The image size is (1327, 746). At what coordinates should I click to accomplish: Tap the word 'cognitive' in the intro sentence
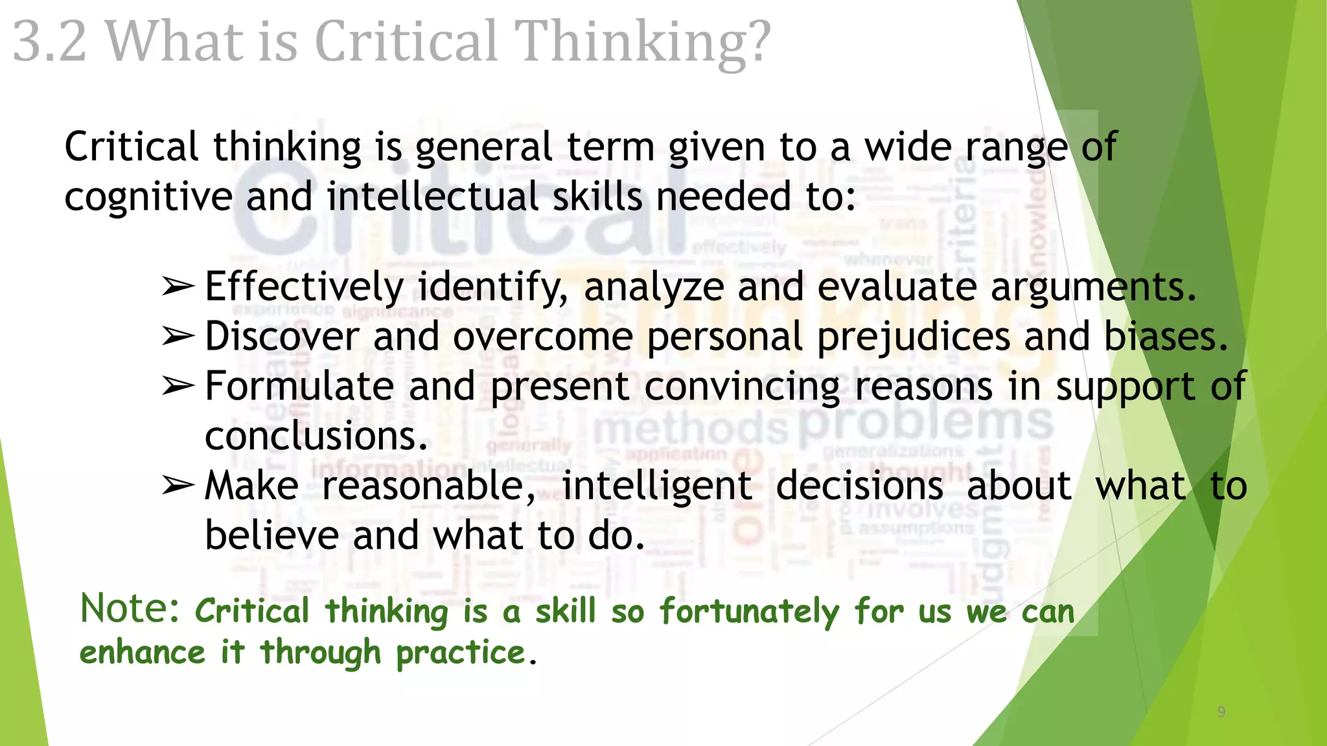pyautogui.click(x=148, y=197)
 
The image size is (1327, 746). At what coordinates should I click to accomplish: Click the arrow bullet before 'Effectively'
pyautogui.click(x=178, y=286)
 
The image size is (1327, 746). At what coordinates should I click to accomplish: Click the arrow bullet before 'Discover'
pyautogui.click(x=178, y=336)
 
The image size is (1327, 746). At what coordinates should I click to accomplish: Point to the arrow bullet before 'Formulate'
pyautogui.click(x=178, y=386)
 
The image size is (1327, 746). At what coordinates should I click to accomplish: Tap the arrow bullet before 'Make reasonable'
pyautogui.click(x=178, y=486)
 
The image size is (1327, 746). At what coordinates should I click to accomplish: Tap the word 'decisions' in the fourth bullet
pyautogui.click(x=859, y=486)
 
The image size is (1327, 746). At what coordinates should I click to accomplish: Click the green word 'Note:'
pyautogui.click(x=130, y=609)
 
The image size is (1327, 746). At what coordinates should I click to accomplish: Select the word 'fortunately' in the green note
pyautogui.click(x=749, y=612)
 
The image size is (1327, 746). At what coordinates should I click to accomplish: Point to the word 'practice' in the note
pyautogui.click(x=460, y=653)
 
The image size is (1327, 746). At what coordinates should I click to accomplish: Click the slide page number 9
pyautogui.click(x=1221, y=712)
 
